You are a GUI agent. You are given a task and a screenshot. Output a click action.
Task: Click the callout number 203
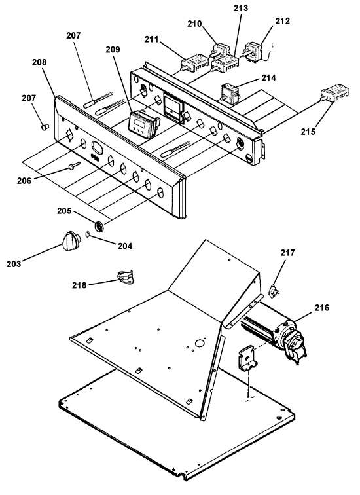14,264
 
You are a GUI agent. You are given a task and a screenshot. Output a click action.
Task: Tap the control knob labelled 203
70,241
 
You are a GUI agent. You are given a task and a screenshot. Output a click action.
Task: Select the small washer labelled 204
88,234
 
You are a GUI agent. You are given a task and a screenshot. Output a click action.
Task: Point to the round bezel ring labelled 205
99,227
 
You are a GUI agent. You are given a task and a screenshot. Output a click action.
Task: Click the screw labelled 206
73,166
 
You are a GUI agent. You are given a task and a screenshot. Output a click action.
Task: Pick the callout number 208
39,62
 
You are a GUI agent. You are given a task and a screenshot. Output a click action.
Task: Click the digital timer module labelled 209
143,124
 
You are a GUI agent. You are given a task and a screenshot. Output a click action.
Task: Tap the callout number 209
113,49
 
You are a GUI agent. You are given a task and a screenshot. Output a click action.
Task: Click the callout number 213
241,9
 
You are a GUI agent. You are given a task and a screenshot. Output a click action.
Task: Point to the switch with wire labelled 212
255,51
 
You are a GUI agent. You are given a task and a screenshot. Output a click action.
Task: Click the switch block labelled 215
334,93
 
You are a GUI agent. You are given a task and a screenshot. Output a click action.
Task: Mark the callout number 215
308,132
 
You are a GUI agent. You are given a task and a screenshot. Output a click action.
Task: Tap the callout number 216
321,307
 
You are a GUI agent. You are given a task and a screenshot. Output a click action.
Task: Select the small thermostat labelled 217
274,291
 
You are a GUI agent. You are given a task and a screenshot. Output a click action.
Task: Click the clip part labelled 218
126,277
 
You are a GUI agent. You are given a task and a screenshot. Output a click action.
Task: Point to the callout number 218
79,285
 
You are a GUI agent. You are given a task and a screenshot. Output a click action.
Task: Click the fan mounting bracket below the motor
248,357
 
